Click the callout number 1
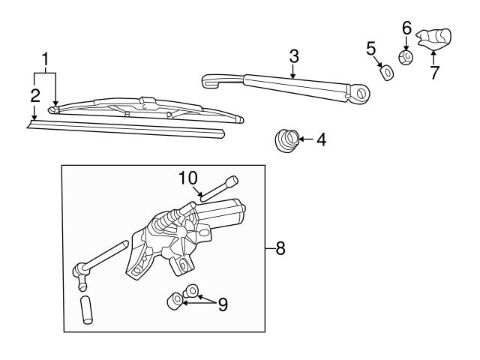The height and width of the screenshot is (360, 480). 46,58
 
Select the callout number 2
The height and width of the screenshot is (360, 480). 34,95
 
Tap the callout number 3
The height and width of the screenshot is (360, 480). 294,56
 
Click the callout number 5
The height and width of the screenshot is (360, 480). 370,49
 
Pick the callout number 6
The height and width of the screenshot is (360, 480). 406,28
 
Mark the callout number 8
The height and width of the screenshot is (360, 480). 280,248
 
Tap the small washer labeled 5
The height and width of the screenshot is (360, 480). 387,72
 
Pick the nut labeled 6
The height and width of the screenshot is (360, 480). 406,56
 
